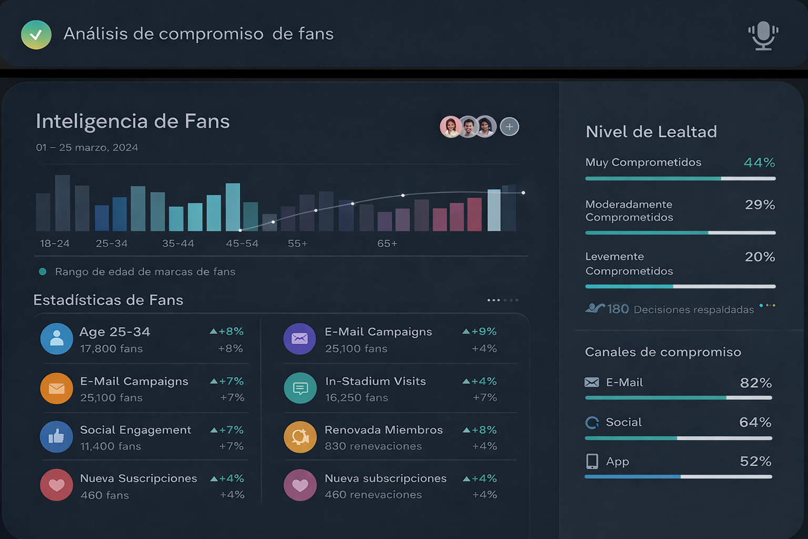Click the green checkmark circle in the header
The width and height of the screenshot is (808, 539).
click(x=36, y=35)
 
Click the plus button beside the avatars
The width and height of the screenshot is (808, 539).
click(x=509, y=127)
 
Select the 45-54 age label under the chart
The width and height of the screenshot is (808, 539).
click(x=242, y=244)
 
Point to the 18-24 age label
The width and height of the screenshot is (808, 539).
click(x=55, y=244)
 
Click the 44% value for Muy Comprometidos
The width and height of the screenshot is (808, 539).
click(x=759, y=163)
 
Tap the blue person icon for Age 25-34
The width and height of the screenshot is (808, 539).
click(x=57, y=339)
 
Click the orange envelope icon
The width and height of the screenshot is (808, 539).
click(x=57, y=388)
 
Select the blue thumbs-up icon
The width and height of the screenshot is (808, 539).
click(x=57, y=437)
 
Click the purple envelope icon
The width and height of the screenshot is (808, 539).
click(x=300, y=339)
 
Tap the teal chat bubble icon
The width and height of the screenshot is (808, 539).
click(x=300, y=388)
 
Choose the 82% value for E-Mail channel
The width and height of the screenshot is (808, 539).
click(x=755, y=383)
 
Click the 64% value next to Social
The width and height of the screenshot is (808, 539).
click(x=755, y=422)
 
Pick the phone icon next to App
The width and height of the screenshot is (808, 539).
click(x=592, y=462)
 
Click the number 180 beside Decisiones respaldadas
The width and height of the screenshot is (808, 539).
click(x=618, y=309)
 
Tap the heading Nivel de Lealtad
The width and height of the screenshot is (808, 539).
click(x=651, y=132)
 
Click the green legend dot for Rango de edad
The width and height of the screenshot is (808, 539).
click(x=43, y=272)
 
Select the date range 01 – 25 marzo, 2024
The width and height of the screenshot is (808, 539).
click(x=87, y=147)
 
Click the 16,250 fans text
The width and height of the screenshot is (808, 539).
click(x=357, y=397)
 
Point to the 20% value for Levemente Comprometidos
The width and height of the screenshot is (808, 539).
click(x=760, y=257)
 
